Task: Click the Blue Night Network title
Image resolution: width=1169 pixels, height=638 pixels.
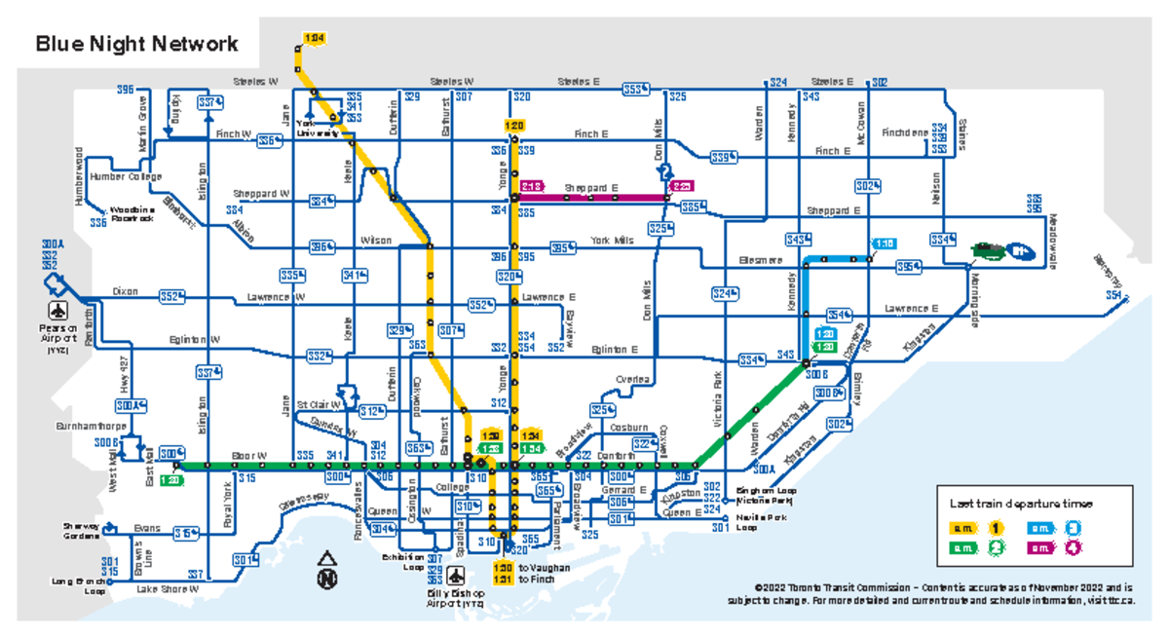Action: click(136, 45)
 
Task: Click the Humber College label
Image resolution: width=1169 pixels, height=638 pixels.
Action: click(126, 177)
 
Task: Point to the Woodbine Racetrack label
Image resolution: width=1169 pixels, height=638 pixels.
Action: click(132, 214)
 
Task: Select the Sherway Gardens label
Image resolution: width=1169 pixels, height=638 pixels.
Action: click(83, 531)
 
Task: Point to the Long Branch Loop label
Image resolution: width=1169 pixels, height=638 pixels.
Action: click(78, 585)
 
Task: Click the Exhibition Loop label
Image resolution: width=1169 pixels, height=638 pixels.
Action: click(402, 561)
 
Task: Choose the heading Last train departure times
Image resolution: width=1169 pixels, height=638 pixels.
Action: click(1021, 504)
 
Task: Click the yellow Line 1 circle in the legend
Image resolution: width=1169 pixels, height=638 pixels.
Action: click(996, 528)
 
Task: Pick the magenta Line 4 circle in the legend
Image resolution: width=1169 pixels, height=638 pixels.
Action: click(1072, 548)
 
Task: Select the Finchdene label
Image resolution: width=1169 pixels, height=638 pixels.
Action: click(905, 131)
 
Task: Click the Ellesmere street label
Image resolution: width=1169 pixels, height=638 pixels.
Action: click(760, 260)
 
